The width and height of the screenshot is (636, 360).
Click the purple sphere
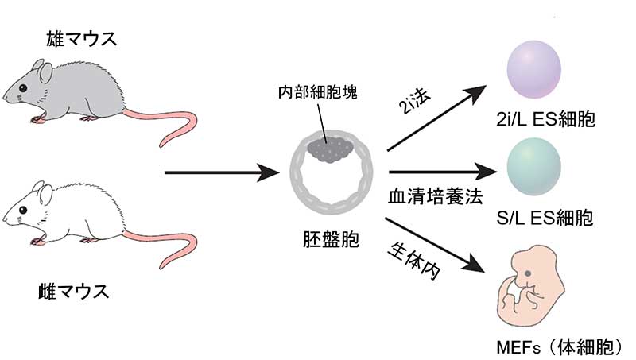point(533,71)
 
